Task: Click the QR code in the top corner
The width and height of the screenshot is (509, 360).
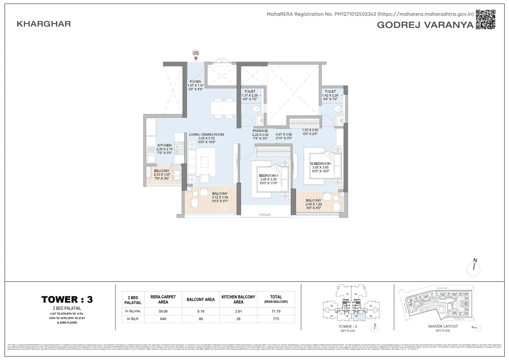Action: point(486,19)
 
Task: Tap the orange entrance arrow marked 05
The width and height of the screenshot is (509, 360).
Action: point(196,59)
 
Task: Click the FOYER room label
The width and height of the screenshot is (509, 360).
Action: point(195,82)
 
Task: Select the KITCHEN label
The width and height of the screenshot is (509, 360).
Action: point(164,146)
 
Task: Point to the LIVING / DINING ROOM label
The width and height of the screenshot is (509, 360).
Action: point(206,135)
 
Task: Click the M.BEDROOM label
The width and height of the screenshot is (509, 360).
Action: point(320,164)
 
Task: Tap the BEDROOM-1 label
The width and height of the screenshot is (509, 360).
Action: point(268,175)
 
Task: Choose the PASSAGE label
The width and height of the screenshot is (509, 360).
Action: point(260,131)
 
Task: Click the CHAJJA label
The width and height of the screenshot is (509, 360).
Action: point(264,214)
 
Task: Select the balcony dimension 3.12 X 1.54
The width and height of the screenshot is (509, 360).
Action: point(220,197)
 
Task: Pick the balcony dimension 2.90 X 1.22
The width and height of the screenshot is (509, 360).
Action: point(313,204)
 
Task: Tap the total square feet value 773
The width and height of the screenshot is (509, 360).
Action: point(276,319)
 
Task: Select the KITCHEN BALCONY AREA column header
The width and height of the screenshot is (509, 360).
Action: point(238,300)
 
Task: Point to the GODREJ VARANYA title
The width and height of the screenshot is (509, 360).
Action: point(425,25)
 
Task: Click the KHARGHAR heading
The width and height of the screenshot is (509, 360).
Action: point(44,24)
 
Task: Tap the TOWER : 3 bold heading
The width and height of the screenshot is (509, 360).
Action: point(67,300)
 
